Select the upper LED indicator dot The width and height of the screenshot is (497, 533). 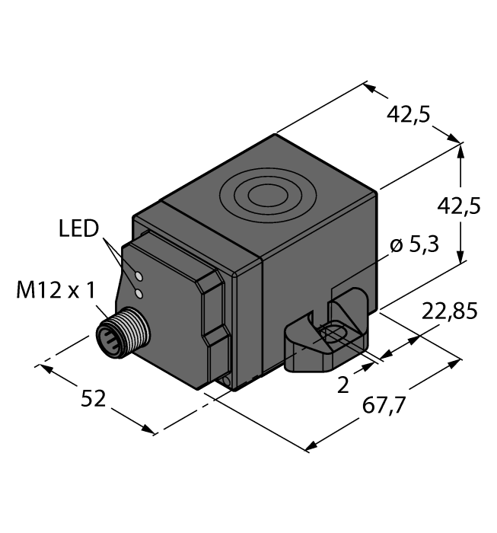pos(139,275)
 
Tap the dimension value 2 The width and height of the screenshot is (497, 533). pos(342,385)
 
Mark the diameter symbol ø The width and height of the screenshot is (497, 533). pos(395,247)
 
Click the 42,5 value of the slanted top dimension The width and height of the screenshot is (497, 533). pos(409,114)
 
